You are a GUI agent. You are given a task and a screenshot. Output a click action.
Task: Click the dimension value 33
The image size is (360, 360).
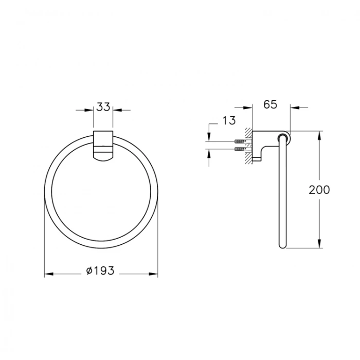point(103,107)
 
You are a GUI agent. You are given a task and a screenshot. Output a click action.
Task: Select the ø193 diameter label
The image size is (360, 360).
point(100,269)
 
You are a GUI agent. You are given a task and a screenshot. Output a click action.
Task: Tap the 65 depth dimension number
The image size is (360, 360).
point(270,104)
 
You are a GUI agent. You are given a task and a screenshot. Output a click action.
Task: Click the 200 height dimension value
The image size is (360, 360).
point(319,189)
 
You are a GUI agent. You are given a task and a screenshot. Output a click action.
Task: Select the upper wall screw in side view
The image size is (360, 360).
point(240,141)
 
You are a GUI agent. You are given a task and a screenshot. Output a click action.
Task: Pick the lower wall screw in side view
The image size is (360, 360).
point(240,150)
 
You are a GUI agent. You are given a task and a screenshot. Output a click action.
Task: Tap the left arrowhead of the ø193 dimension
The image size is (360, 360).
point(48,275)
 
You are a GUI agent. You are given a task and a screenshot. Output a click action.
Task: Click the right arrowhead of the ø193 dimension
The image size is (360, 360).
point(154,275)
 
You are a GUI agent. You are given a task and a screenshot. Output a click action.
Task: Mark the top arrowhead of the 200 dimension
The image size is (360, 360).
point(320,135)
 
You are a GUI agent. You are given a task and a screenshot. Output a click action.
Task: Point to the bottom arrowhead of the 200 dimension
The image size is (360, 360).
point(320,245)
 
